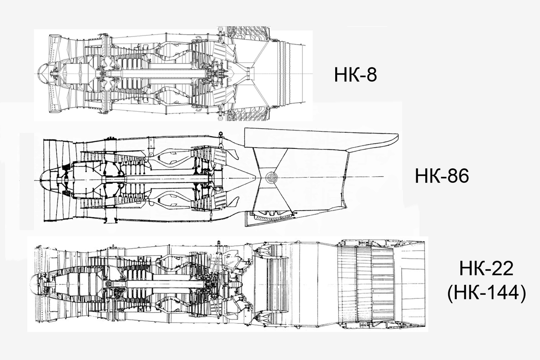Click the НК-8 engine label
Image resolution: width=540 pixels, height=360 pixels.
point(355,75)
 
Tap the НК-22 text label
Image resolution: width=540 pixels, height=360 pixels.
point(486,269)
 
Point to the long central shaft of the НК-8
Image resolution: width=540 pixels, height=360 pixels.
point(153,74)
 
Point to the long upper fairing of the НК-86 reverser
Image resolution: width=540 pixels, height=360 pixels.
point(319,138)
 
